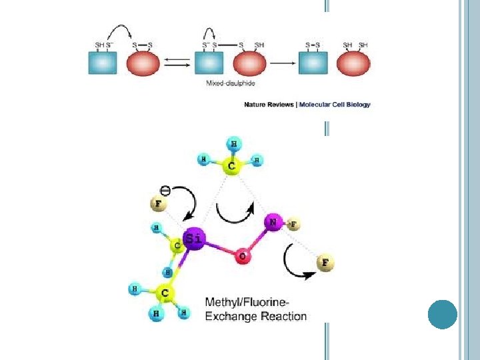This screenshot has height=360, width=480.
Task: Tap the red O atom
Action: [242, 256]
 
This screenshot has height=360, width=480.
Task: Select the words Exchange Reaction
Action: [256, 316]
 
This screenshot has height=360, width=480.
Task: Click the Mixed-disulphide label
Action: [231, 84]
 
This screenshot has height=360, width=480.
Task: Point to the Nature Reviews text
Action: [270, 104]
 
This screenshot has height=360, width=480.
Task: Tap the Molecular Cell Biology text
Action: [335, 104]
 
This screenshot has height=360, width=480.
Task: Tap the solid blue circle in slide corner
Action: [442, 314]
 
